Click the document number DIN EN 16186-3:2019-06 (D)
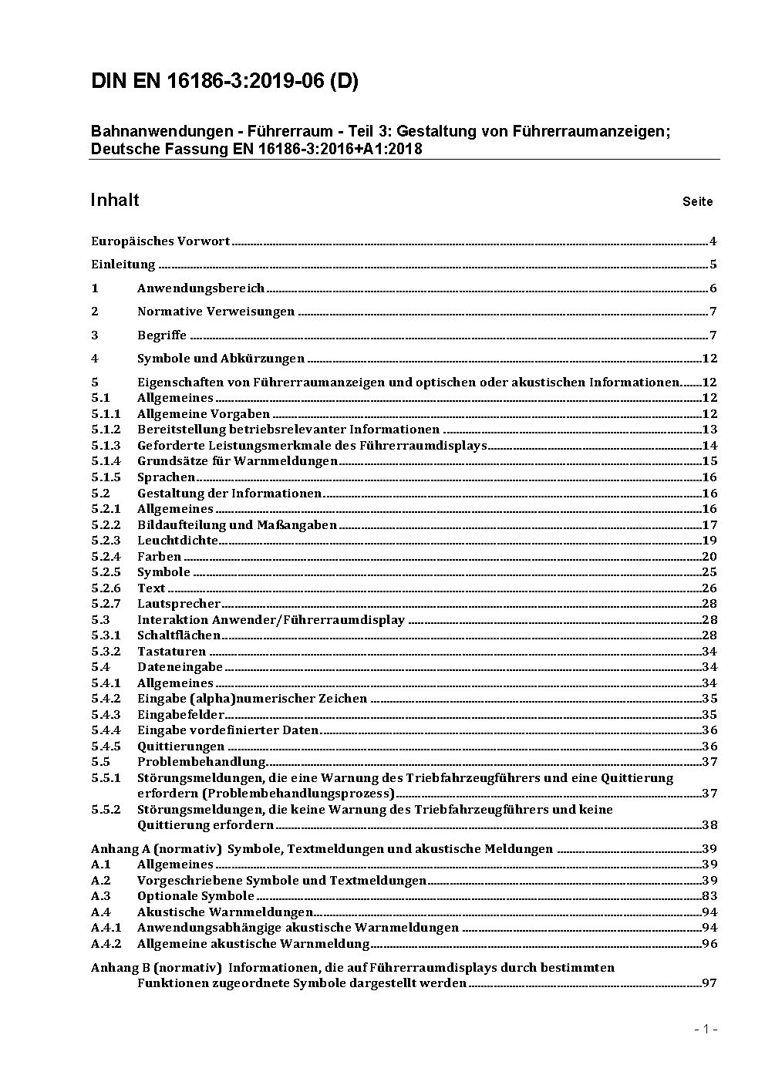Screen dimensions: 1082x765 pyautogui.click(x=224, y=82)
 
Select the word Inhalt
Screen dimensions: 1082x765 pyautogui.click(x=115, y=201)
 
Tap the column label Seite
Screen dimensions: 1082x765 pyautogui.click(x=697, y=202)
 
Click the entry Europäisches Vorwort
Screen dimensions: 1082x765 pyautogui.click(x=160, y=241)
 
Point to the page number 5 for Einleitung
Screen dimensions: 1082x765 pyautogui.click(x=713, y=265)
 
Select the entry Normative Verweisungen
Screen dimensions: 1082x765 pyautogui.click(x=216, y=312)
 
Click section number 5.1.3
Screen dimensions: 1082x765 pyautogui.click(x=106, y=446)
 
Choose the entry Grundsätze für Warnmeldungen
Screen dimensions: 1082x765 pyautogui.click(x=238, y=461)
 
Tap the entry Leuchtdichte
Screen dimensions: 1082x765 pyautogui.click(x=178, y=541)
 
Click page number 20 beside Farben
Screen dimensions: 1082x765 pyautogui.click(x=709, y=557)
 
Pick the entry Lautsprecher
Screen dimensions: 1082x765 pyautogui.click(x=179, y=604)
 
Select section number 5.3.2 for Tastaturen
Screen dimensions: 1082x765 pyautogui.click(x=106, y=652)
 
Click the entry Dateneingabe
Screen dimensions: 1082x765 pyautogui.click(x=180, y=667)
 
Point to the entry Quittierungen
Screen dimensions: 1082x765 pyautogui.click(x=180, y=747)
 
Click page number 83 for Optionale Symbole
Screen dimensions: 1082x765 pyautogui.click(x=709, y=896)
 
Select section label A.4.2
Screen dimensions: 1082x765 pyautogui.click(x=106, y=944)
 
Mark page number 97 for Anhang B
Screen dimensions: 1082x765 pyautogui.click(x=709, y=983)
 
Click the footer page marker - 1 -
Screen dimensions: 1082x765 pyautogui.click(x=706, y=1030)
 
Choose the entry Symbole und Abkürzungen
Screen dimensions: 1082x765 pyautogui.click(x=221, y=359)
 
